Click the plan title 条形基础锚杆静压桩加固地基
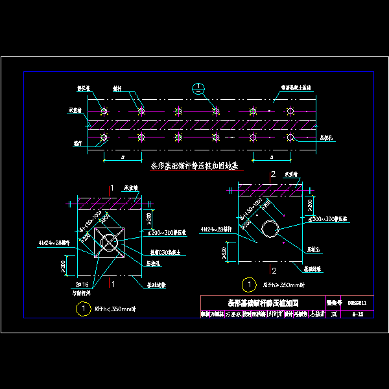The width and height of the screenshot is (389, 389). [x=194, y=166]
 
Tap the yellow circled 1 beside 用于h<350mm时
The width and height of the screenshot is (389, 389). [x=82, y=309]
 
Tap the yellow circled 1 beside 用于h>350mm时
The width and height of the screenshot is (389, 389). [x=247, y=284]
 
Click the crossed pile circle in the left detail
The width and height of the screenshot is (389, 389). [x=110, y=243]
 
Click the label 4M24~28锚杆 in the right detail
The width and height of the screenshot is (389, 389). [x=217, y=229]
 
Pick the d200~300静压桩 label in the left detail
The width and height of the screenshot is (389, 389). [x=167, y=231]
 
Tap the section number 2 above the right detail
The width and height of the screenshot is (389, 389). [x=274, y=174]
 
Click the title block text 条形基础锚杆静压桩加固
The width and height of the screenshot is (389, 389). [x=262, y=303]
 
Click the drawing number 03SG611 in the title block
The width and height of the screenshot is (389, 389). [x=357, y=303]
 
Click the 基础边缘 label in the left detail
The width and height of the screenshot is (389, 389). [x=159, y=284]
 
